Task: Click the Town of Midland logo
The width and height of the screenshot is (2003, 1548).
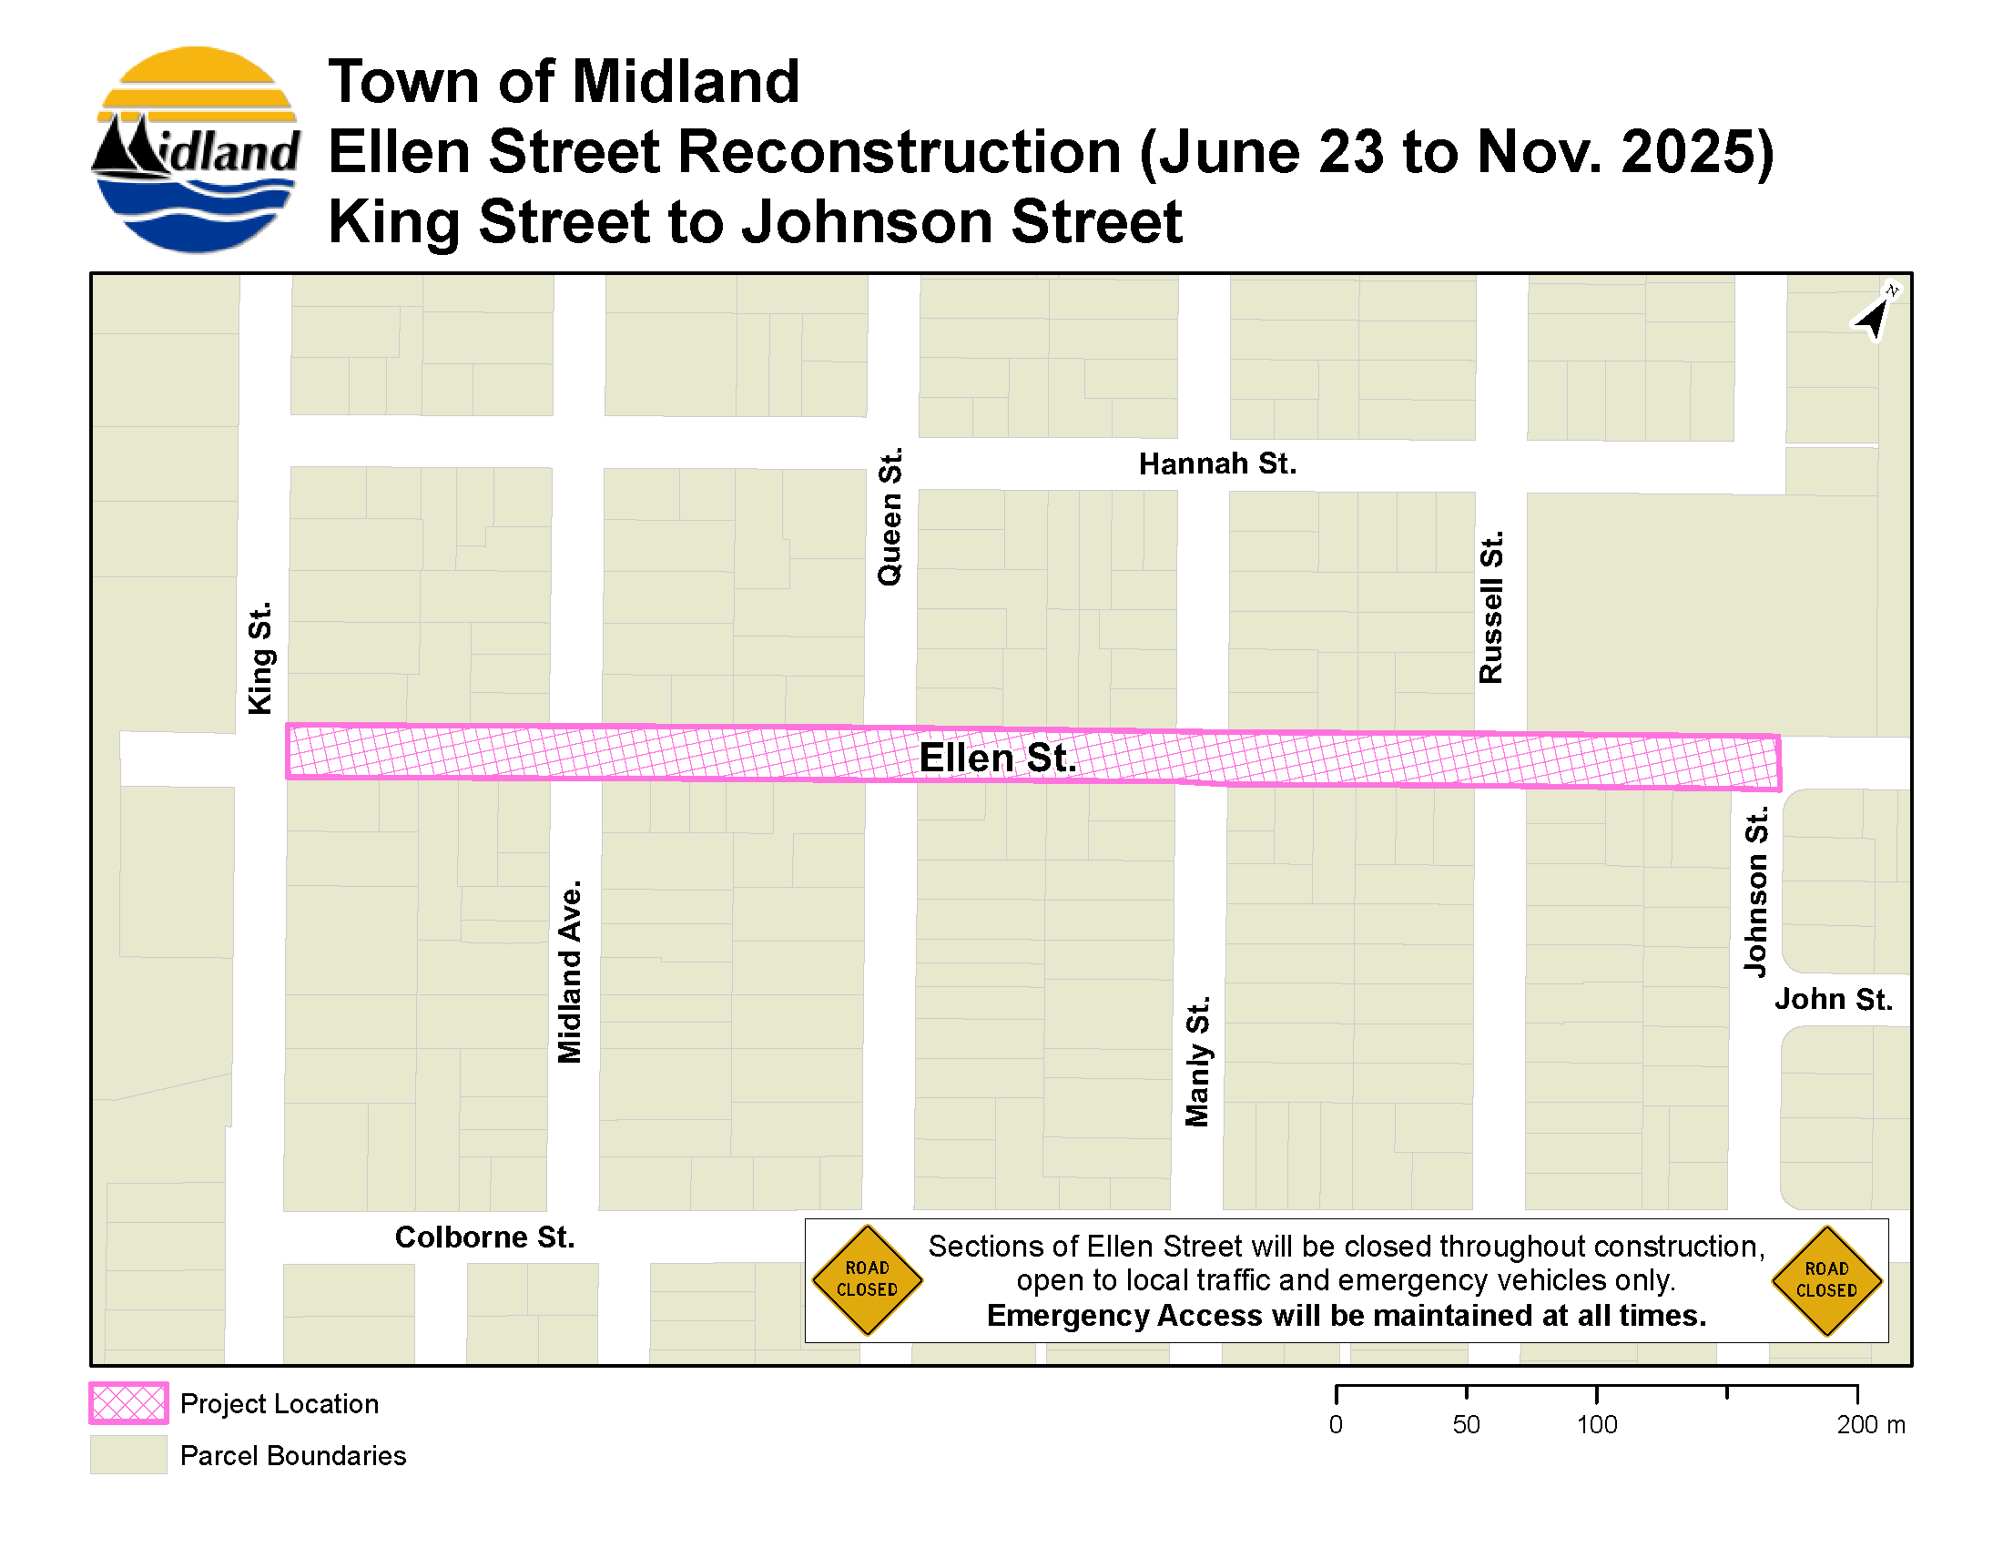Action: click(196, 150)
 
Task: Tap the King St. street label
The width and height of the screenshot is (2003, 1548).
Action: click(260, 657)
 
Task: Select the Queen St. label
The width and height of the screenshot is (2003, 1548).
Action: click(890, 516)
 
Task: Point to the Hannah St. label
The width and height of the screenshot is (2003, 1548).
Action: click(1217, 464)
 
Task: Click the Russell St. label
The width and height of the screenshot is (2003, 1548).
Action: click(1491, 607)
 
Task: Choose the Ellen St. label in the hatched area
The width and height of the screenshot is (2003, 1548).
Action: click(997, 759)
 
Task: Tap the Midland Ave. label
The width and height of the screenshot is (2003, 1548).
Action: click(570, 973)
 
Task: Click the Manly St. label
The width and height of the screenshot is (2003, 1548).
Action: click(1197, 1061)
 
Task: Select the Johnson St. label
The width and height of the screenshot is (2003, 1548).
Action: click(1755, 892)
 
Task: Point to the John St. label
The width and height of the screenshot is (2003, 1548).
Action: click(1833, 999)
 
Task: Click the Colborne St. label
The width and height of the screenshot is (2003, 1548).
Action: click(484, 1237)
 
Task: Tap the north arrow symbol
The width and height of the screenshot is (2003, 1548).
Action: click(1875, 314)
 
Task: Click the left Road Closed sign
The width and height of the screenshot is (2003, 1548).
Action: click(867, 1279)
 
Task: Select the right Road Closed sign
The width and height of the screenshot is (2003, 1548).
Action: click(1826, 1280)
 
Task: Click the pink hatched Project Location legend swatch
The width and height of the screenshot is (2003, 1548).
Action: click(128, 1403)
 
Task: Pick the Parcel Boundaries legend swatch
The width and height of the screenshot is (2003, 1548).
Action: click(128, 1455)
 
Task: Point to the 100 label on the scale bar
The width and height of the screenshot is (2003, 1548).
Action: click(1597, 1424)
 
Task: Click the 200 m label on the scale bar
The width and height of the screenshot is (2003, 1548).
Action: click(1870, 1424)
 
